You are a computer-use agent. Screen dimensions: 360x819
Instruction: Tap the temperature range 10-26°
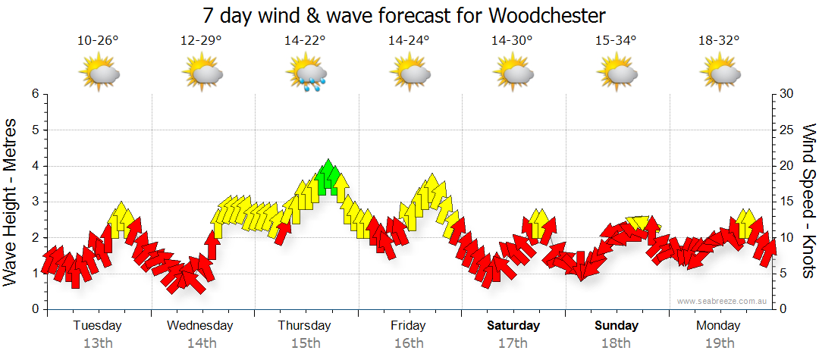tap(99, 41)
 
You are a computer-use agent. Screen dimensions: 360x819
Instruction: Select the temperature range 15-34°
tap(616, 41)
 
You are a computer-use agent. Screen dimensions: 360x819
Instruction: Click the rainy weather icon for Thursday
tap(306, 74)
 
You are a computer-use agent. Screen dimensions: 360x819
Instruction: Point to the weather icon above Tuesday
tap(99, 74)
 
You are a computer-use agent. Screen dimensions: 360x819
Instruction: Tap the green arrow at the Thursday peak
tap(328, 177)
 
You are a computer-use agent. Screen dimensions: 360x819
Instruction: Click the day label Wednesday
tap(199, 326)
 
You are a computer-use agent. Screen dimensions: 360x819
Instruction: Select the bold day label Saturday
tap(513, 326)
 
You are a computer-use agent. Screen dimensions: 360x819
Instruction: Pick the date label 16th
tap(409, 343)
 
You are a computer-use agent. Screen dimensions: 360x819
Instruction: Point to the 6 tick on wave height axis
tap(33, 94)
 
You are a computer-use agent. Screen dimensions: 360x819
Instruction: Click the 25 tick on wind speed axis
tap(787, 130)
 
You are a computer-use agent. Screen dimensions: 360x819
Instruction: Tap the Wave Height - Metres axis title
tap(11, 202)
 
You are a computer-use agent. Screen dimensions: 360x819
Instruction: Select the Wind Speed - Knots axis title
tap(808, 202)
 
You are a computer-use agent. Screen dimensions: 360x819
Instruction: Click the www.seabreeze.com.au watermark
tap(723, 301)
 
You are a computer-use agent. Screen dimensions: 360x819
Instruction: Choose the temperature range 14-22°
tap(306, 41)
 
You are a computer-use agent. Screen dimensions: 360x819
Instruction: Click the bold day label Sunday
tap(616, 326)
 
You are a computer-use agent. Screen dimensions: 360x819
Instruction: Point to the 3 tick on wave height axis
tap(33, 202)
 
